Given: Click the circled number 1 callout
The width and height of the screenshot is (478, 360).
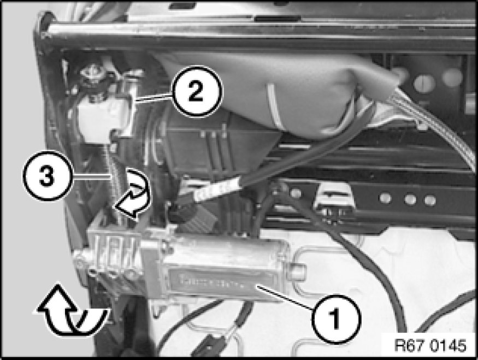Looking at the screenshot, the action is tap(336, 319).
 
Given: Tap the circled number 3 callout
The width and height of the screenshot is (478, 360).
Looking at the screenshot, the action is tap(48, 176).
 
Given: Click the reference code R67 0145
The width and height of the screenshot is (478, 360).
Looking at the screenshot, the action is tap(430, 345).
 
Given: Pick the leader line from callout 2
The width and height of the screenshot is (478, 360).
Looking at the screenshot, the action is tap(154, 98).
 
